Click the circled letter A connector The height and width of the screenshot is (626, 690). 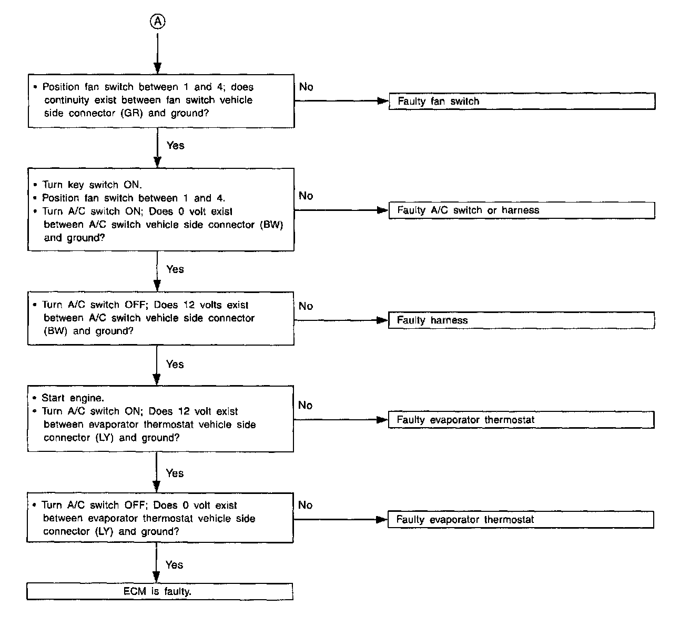[x=157, y=21]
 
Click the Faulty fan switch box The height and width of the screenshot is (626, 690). [x=522, y=101]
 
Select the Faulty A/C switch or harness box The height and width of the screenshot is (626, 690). [x=522, y=210]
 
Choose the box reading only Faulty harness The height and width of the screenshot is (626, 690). [x=521, y=320]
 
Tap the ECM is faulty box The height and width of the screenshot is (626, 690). [x=159, y=591]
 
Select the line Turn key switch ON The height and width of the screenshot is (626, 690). [x=92, y=185]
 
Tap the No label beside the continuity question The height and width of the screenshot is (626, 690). [x=306, y=87]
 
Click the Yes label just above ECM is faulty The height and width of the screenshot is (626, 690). [x=174, y=564]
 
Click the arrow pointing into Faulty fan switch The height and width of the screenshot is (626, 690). [x=383, y=101]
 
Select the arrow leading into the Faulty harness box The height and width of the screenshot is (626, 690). [x=382, y=320]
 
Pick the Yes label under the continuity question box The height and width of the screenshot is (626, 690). [x=175, y=145]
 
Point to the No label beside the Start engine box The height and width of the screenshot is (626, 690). [x=305, y=405]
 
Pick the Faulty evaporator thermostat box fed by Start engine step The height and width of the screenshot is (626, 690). [x=521, y=420]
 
